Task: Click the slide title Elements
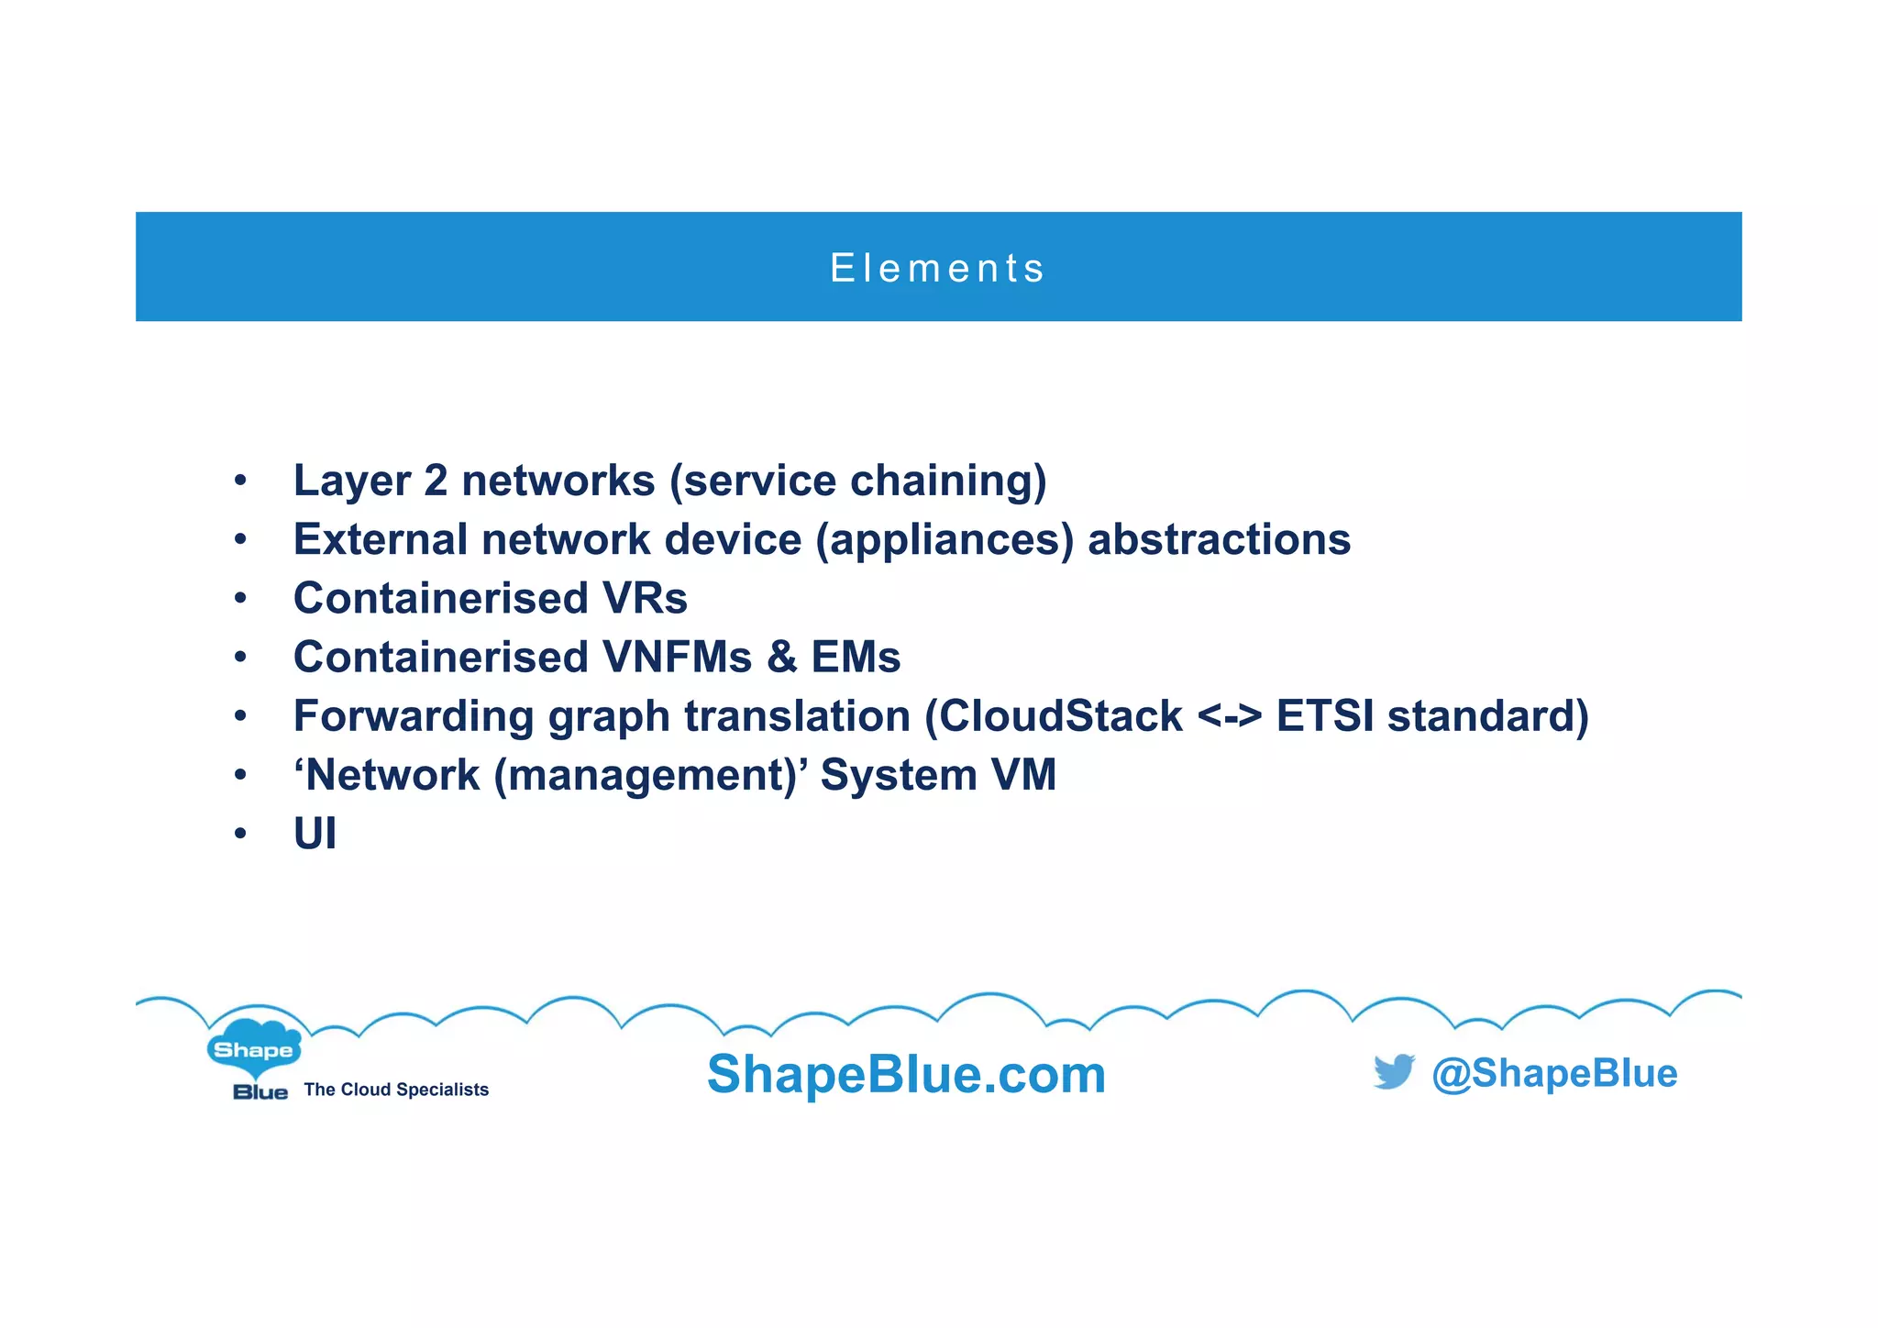click(x=937, y=268)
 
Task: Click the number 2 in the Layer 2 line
click(x=436, y=481)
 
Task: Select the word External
click(x=380, y=539)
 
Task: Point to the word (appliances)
click(x=945, y=539)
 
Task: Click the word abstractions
click(x=1219, y=539)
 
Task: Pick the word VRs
click(x=645, y=598)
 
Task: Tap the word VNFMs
click(x=677, y=657)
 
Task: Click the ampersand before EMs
click(x=781, y=657)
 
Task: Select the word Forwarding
click(x=413, y=716)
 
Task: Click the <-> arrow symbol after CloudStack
click(x=1229, y=716)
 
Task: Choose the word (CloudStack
click(x=1053, y=716)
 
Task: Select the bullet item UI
click(x=315, y=834)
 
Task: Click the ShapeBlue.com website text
click(x=906, y=1074)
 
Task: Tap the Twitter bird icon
click(x=1393, y=1071)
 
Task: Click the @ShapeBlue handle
click(x=1554, y=1073)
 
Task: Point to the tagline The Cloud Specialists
click(x=396, y=1090)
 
